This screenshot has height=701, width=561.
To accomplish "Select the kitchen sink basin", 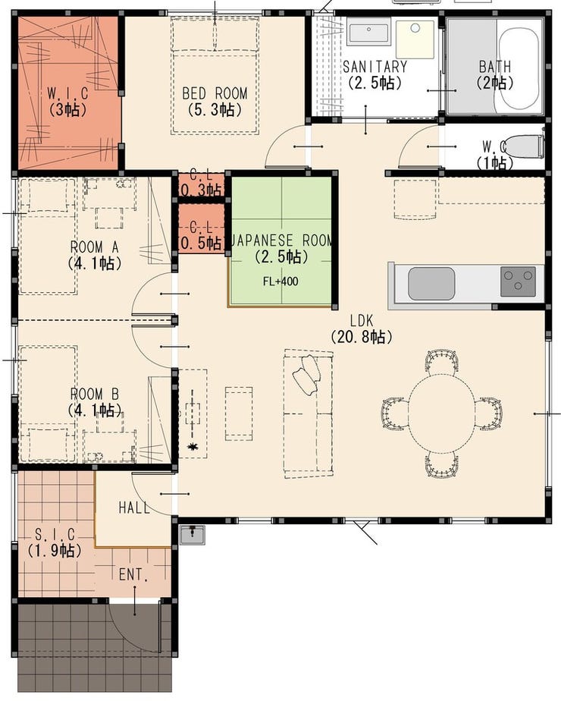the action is pos(431,284).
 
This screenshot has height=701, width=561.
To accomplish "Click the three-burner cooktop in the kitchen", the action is pos(518,281).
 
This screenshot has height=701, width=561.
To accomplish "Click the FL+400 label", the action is pos(280,281).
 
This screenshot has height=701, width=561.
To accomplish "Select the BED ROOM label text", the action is pos(215,93).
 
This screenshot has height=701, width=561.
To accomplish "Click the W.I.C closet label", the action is pos(68,93).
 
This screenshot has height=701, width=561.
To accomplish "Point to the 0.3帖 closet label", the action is pos(202,190).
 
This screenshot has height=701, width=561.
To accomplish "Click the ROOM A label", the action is pos(94,247).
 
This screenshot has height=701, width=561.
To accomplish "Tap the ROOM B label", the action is pos(95,395).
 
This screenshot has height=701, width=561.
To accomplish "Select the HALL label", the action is pos(134,508).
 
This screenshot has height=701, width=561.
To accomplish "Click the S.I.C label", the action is pos(55,534).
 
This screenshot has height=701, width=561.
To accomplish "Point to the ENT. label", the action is pos(133,574).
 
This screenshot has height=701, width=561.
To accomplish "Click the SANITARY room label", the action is pos(375,67).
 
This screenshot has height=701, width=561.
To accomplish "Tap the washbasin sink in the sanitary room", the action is pos(368,32).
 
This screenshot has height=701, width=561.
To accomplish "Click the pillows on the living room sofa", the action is pos(307,374).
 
